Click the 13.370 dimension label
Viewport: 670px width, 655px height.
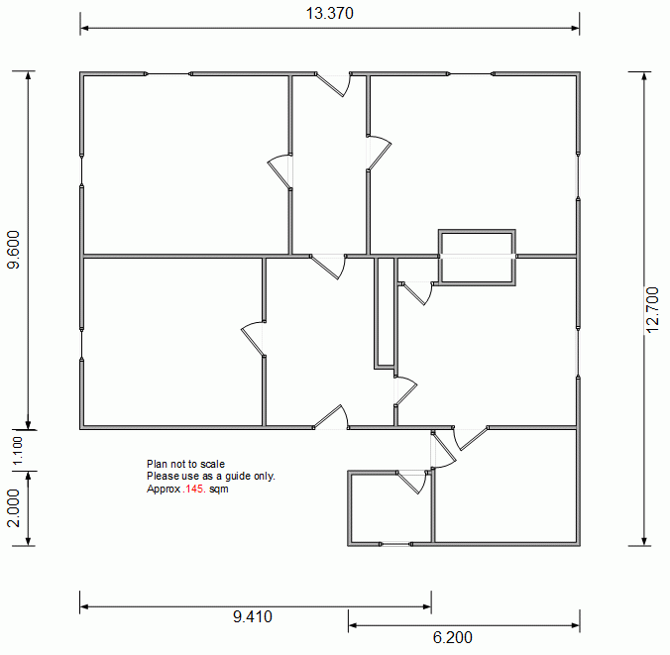tap(329, 13)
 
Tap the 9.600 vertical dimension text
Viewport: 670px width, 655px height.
tap(14, 250)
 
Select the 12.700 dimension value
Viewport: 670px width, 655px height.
tap(652, 310)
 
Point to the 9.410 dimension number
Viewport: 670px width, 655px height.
tap(253, 616)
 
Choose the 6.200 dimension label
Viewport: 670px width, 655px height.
tap(453, 637)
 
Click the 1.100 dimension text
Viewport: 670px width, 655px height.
tap(18, 450)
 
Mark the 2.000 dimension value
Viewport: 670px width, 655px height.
tap(14, 508)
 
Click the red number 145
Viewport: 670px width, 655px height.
tap(194, 489)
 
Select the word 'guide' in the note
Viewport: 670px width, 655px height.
tap(239, 477)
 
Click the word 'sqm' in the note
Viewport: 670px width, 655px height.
tap(219, 490)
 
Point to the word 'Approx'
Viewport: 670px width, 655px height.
tap(164, 490)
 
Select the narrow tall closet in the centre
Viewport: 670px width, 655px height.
tap(385, 312)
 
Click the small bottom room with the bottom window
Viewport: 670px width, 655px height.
tap(391, 508)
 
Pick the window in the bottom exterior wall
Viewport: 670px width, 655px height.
tap(395, 544)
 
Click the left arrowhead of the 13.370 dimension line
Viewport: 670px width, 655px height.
tap(84, 28)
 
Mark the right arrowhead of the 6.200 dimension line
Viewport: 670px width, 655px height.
tap(575, 625)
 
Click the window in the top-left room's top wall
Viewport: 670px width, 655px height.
tap(168, 74)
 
